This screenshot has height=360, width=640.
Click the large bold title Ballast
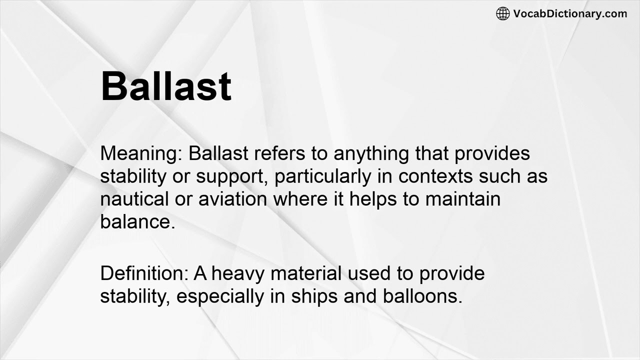tap(166, 86)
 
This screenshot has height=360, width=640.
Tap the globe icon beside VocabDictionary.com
tap(502, 14)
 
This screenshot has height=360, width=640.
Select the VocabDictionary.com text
tap(570, 14)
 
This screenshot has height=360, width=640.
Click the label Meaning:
tap(141, 153)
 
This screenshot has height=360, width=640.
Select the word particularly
tap(323, 177)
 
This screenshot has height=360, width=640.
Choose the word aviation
tap(232, 199)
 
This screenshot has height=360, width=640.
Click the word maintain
tap(462, 199)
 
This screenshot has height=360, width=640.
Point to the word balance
tap(136, 222)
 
